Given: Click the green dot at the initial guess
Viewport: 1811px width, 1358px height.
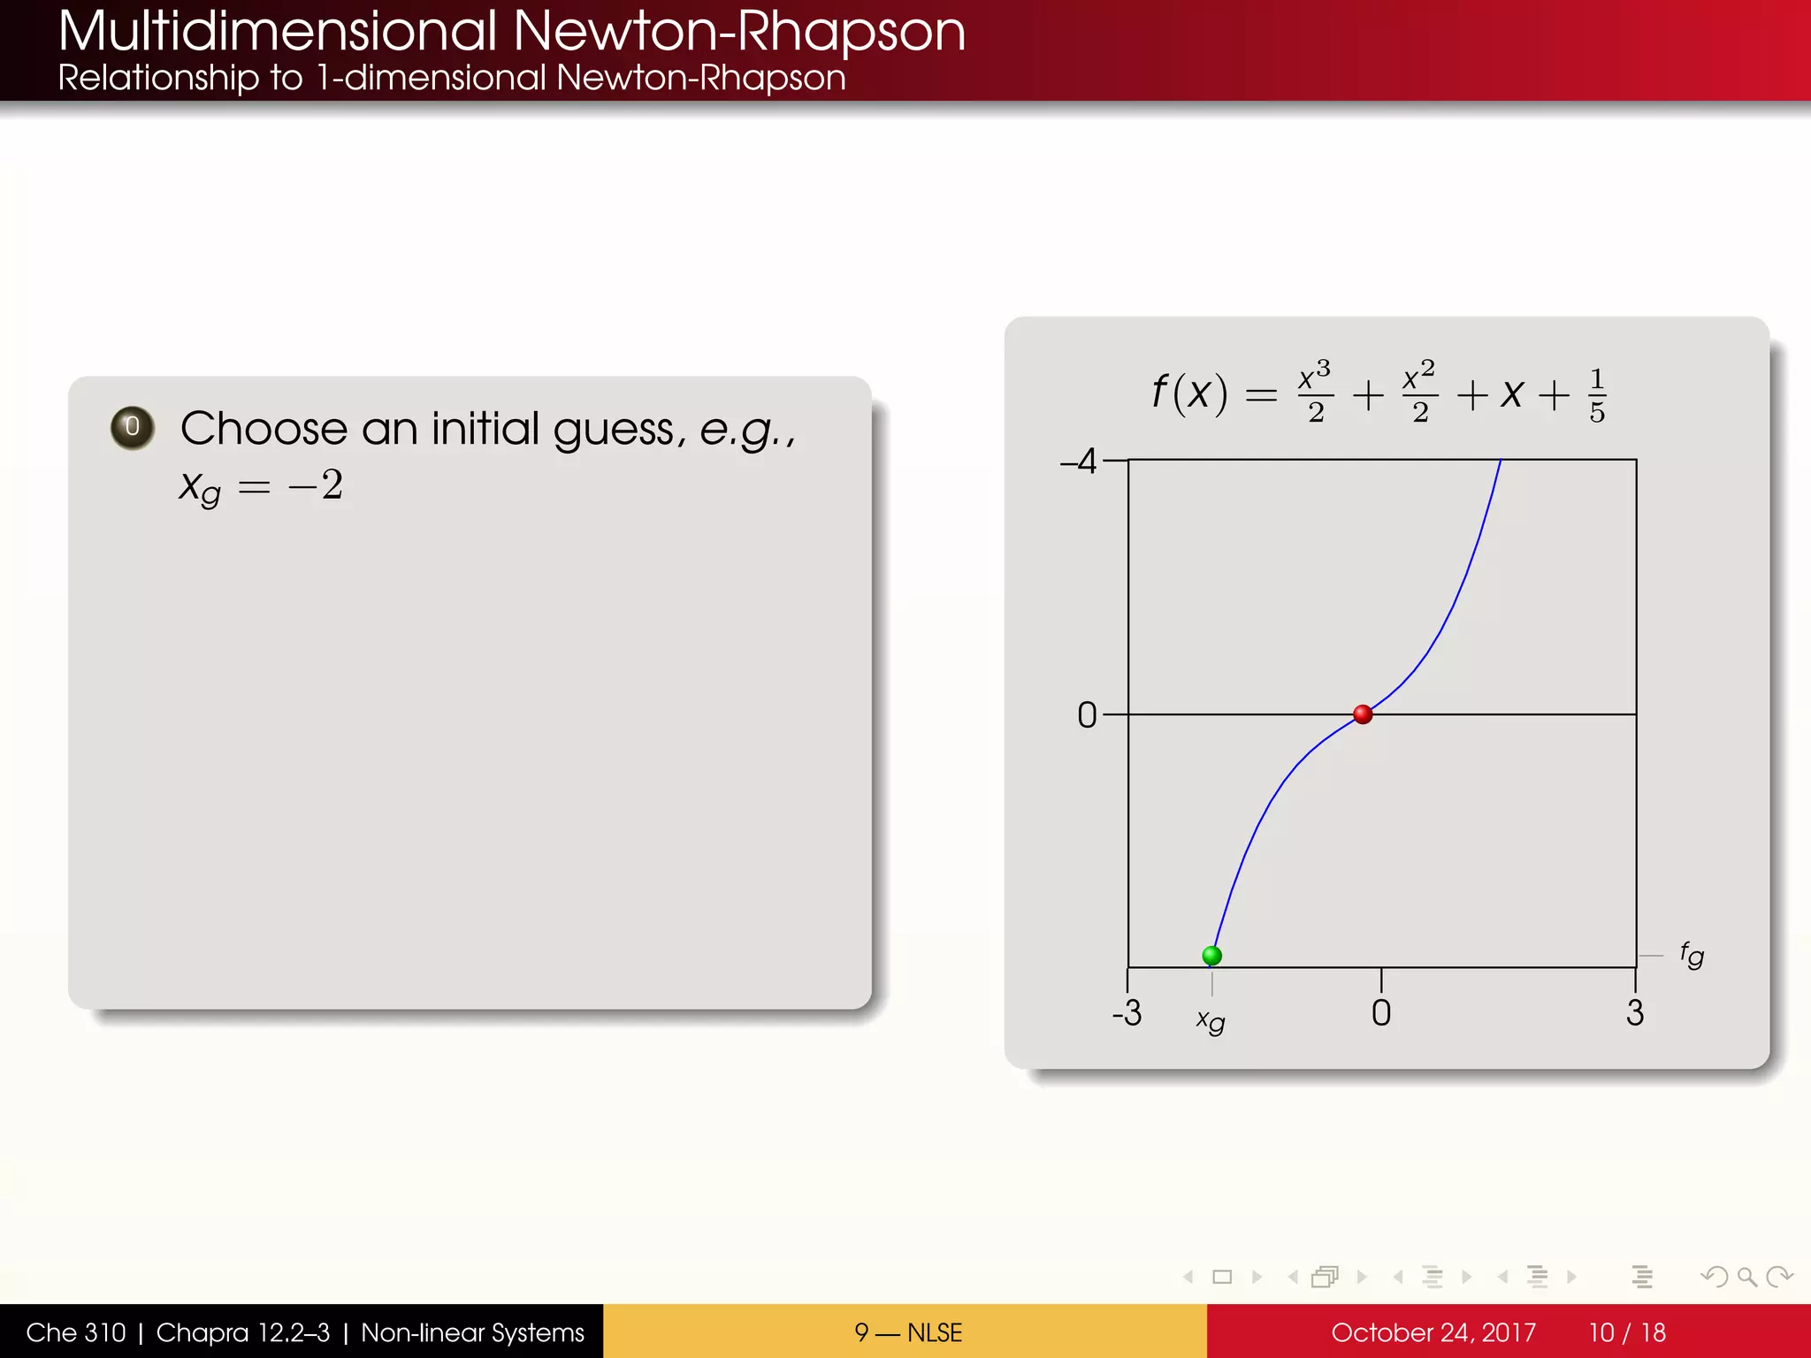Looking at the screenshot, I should [x=1211, y=956].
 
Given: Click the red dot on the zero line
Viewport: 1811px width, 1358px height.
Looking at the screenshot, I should [x=1363, y=714].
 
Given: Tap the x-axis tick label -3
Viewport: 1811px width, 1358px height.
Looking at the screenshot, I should [x=1127, y=1013].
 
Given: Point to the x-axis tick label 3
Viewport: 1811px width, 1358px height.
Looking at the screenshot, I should [x=1635, y=1013].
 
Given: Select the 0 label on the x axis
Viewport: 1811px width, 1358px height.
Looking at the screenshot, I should [x=1381, y=1013].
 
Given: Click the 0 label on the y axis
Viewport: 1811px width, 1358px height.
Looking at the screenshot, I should [x=1087, y=715].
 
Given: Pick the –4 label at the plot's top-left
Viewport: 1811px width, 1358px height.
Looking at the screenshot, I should [x=1079, y=462].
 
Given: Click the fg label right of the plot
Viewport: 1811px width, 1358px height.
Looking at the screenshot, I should [x=1692, y=956].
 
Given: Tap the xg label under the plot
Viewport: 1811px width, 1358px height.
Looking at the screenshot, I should [x=1211, y=1021].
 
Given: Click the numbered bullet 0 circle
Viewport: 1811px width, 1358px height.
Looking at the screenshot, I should [x=133, y=428].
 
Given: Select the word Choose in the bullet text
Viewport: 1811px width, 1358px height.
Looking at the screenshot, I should [x=264, y=430].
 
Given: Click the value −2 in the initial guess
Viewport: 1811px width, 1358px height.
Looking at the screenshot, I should [x=317, y=485].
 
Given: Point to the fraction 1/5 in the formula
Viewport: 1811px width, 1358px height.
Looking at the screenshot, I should [x=1596, y=396].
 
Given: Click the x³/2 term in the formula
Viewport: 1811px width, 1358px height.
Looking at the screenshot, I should [x=1315, y=392].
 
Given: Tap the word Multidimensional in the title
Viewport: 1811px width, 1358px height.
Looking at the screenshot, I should [x=278, y=32].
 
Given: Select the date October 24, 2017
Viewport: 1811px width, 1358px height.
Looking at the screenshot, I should [x=1433, y=1332].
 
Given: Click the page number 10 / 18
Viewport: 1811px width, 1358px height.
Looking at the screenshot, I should [x=1627, y=1332].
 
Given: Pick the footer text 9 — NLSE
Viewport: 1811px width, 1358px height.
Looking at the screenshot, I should [x=908, y=1332].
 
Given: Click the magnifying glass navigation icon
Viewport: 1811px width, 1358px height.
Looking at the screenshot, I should [x=1746, y=1277].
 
